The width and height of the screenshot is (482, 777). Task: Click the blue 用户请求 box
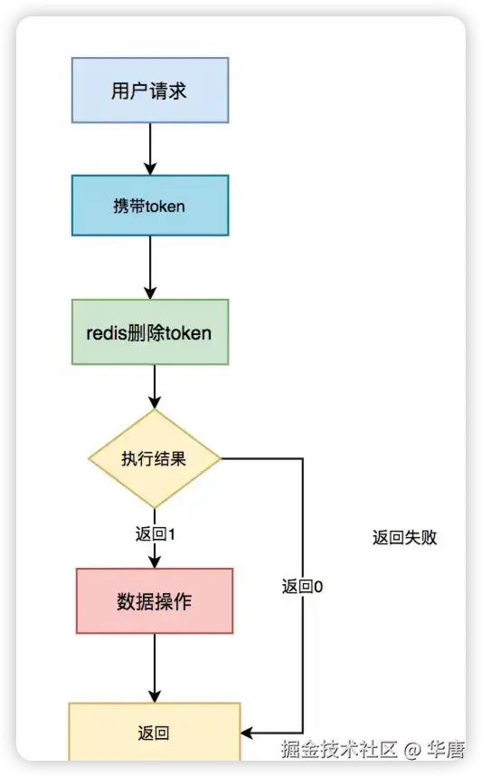coord(150,91)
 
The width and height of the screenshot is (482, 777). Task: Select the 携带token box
coord(150,206)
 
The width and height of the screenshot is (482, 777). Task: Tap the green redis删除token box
coord(150,332)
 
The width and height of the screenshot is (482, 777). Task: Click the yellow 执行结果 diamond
coord(155,458)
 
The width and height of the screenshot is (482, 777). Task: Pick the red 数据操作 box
coord(155,601)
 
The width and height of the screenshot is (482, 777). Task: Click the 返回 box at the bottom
coord(155,733)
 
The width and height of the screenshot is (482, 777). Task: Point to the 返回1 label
coord(155,533)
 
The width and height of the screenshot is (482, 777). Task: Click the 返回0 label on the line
coord(303,586)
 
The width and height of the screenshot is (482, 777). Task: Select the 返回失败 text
coord(404,537)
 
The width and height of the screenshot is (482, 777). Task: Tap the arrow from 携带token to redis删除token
coord(150,267)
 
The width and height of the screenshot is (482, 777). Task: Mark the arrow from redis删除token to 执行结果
coord(155,387)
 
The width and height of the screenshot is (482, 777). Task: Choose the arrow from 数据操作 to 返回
coord(155,667)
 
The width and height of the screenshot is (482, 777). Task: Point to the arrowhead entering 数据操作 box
coord(155,561)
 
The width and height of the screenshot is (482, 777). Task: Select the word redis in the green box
coord(108,332)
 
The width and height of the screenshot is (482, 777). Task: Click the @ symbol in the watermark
coord(412,750)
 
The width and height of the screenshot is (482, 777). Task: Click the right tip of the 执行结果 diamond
coord(220,458)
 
